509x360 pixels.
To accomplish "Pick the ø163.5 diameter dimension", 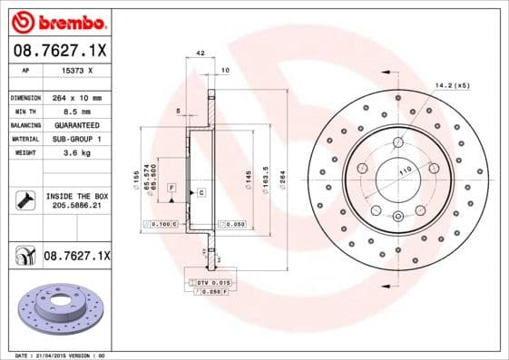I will click(264, 170).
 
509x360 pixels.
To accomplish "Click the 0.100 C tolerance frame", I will click(161, 222).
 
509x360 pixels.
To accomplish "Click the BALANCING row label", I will click(24, 124).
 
